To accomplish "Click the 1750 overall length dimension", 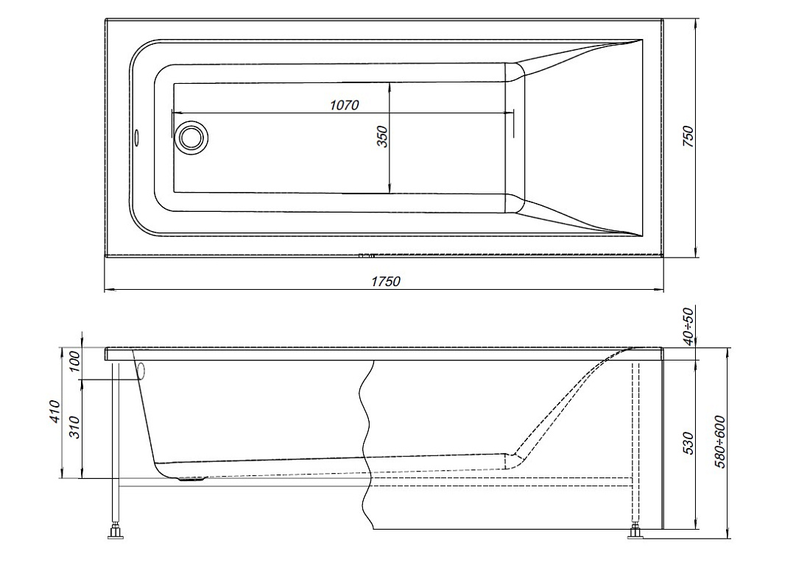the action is [385, 281].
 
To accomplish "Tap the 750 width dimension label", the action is [689, 137].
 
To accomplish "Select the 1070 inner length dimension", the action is [345, 105].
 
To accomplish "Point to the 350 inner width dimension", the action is [382, 137].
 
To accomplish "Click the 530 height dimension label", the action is [689, 443].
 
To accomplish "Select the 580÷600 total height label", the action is [720, 441].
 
